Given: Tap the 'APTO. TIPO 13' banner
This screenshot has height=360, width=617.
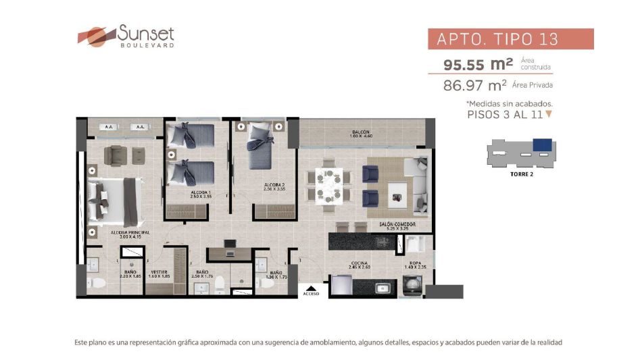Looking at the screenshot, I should pos(510,39).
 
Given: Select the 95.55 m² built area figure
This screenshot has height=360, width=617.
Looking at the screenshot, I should pos(478,65).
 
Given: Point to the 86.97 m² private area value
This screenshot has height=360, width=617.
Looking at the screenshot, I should pos(474,85).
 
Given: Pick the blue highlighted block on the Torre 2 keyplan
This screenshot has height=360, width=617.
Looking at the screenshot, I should pos(542,145).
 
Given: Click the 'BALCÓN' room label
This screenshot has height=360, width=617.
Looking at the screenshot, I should pos(360,132).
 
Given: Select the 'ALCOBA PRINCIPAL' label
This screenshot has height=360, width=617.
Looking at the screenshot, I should pos(130,232).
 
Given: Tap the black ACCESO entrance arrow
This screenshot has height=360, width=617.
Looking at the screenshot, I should pos(311,286).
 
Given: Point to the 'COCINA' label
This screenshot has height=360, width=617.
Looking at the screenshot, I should pos(359,263).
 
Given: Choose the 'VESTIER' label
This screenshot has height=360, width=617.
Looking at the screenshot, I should pos(159,253).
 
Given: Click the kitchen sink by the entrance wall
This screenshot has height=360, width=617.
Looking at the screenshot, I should pos(383,287).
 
